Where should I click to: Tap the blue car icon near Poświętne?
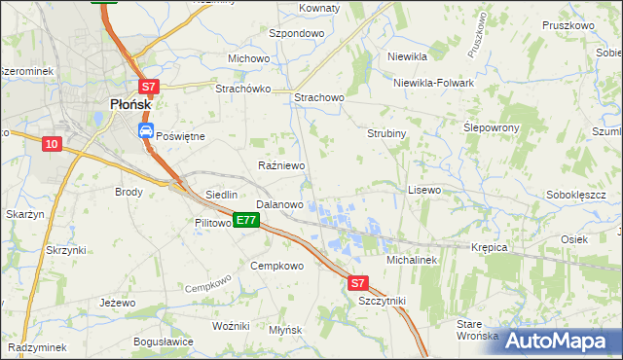pyautogui.click(x=145, y=129)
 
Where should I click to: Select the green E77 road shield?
pyautogui.click(x=245, y=221)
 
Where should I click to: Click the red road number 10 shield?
pyautogui.click(x=52, y=144)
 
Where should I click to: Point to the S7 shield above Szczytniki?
pyautogui.click(x=358, y=283)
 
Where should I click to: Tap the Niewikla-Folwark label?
pyautogui.click(x=433, y=83)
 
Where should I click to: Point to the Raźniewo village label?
pyautogui.click(x=280, y=166)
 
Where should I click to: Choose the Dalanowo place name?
pyautogui.click(x=279, y=205)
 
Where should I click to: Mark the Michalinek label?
pyautogui.click(x=414, y=261)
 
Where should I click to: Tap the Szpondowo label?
pyautogui.click(x=296, y=33)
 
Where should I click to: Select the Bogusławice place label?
pyautogui.click(x=163, y=342)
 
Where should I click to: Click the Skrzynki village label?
pyautogui.click(x=66, y=250)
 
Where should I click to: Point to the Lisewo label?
pyautogui.click(x=424, y=190)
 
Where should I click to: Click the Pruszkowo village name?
pyautogui.click(x=569, y=25)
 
